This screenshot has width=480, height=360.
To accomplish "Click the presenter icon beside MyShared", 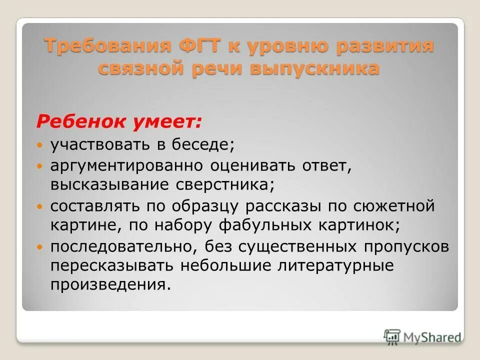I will (x=392, y=336).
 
